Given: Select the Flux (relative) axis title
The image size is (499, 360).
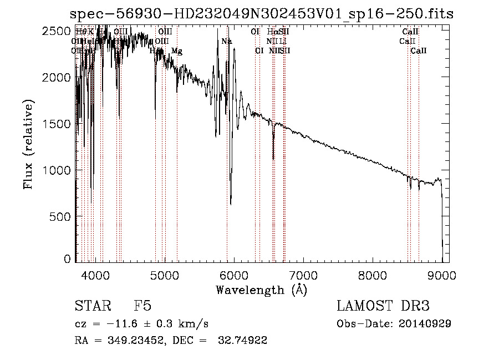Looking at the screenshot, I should point(28,144).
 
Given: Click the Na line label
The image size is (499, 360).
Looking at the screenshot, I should point(227,42).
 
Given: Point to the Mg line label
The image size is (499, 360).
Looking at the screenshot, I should point(176,51).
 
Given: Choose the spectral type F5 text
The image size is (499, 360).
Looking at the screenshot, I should point(142,307).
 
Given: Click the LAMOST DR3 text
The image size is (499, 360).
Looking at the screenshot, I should point(383,307).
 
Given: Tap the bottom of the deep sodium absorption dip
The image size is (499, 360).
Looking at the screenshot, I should point(231,203).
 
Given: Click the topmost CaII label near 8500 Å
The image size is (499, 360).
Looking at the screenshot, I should point(410,32).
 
